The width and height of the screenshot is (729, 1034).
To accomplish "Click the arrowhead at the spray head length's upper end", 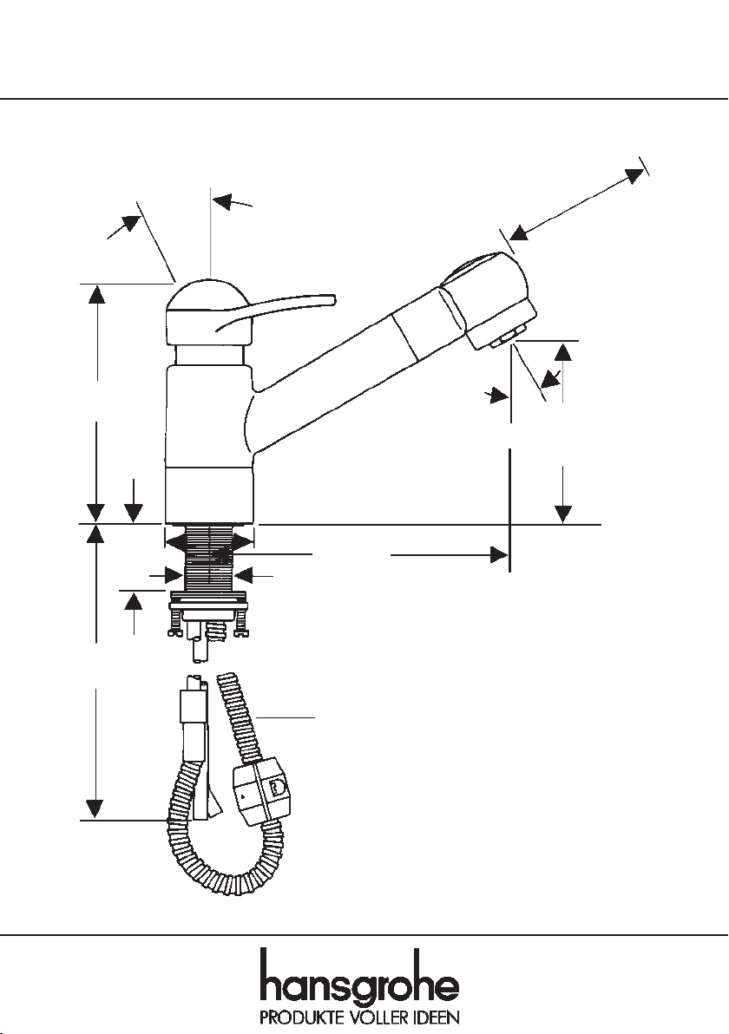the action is [634, 176].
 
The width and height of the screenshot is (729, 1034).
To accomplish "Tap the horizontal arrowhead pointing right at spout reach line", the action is [499, 555].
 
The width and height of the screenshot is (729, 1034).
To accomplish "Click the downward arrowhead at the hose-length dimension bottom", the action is [95, 808].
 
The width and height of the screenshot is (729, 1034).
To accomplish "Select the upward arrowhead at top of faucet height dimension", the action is [97, 294].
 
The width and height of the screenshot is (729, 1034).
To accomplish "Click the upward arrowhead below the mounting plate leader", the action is [134, 602].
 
